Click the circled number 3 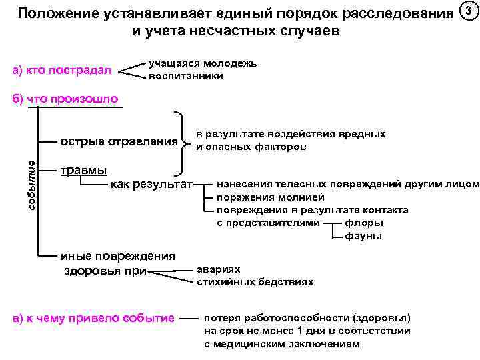[469, 11]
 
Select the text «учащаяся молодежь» [203, 64]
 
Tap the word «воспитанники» [186, 76]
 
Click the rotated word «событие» [31, 185]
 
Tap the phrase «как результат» [151, 183]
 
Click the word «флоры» [364, 222]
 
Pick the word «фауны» [363, 235]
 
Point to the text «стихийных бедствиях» [255, 281]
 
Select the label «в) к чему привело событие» [94, 317]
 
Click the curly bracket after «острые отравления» [183, 141]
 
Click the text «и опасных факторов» [251, 147]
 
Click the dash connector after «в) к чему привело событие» [189, 318]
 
